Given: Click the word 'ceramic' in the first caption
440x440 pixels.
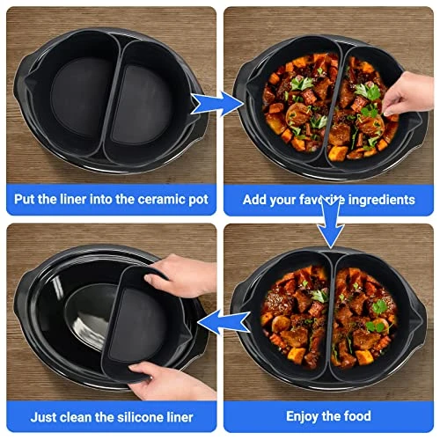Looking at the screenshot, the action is [161, 199].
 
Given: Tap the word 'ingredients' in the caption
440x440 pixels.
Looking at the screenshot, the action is [381, 201].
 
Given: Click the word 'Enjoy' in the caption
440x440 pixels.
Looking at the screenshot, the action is [302, 417].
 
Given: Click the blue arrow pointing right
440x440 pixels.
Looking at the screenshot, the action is [216, 104].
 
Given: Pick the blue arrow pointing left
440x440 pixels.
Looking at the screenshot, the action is [224, 323].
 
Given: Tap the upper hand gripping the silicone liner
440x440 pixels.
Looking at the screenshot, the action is [182, 275].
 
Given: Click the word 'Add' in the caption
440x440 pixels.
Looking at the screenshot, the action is [254, 200].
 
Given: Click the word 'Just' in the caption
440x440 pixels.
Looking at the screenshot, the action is [40, 417].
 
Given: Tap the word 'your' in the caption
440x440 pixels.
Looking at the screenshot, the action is [282, 201].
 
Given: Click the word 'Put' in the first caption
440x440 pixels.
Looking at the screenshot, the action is [24, 199].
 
